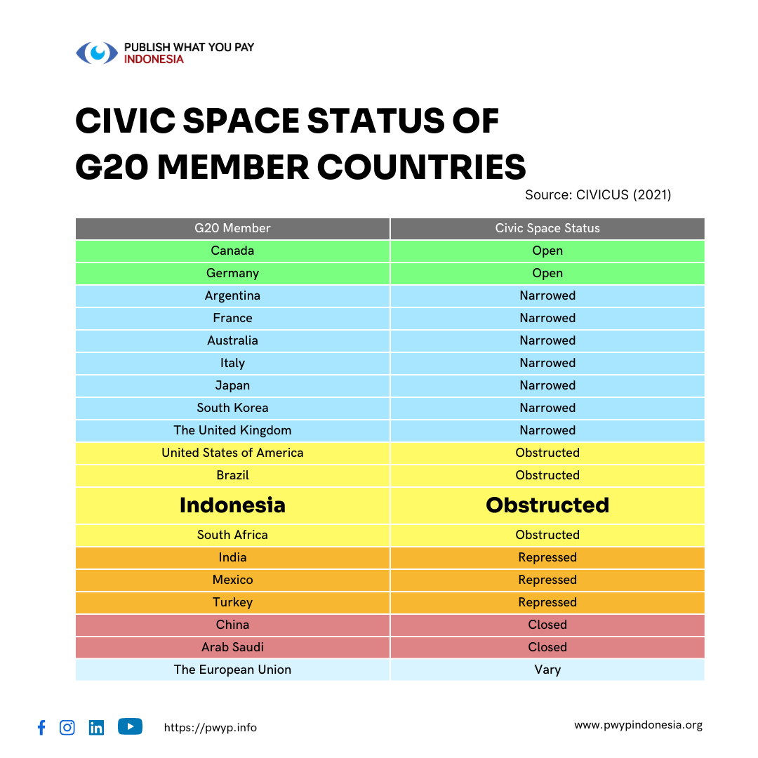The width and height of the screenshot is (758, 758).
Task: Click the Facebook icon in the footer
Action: click(41, 728)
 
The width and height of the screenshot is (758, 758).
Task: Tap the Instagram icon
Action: click(67, 728)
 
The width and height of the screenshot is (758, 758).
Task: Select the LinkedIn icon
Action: click(97, 728)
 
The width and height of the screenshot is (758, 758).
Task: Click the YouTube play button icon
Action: click(130, 726)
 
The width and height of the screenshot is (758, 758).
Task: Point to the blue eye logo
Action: click(97, 53)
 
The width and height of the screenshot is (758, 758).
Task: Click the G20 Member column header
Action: click(232, 228)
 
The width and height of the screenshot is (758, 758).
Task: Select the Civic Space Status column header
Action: click(547, 228)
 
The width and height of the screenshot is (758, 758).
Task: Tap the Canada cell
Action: click(232, 251)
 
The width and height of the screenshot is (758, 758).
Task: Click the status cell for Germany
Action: click(547, 273)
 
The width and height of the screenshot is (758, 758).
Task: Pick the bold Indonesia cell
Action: click(232, 505)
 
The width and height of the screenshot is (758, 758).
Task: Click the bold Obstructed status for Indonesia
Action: click(547, 505)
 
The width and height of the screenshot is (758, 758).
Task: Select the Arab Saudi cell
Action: click(232, 647)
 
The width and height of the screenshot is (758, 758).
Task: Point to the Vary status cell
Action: click(547, 670)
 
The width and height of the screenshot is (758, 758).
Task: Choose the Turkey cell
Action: click(232, 602)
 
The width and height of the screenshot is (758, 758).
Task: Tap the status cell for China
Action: click(547, 625)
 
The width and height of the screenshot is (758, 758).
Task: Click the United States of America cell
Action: click(232, 453)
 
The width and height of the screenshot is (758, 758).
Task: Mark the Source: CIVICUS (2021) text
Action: click(598, 194)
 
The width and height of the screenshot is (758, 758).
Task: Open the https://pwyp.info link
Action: click(211, 728)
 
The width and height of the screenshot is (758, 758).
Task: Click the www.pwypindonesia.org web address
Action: click(638, 725)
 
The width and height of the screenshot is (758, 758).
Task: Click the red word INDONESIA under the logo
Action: click(154, 60)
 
